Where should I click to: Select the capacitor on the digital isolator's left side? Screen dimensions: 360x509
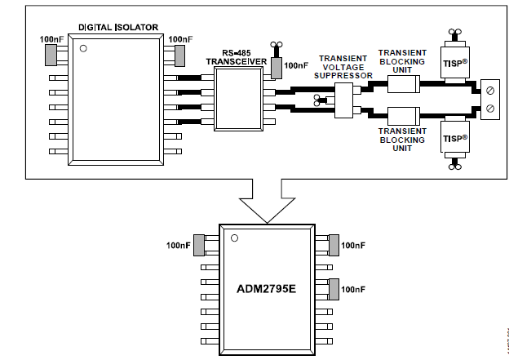click(50, 55)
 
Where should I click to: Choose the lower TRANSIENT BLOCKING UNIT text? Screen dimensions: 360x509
click(401, 139)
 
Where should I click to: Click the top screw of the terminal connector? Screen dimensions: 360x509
click(489, 90)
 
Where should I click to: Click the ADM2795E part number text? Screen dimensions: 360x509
click(267, 288)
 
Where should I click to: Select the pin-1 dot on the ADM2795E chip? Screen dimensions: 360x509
click(234, 238)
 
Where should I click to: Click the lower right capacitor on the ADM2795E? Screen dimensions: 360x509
click(333, 289)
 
